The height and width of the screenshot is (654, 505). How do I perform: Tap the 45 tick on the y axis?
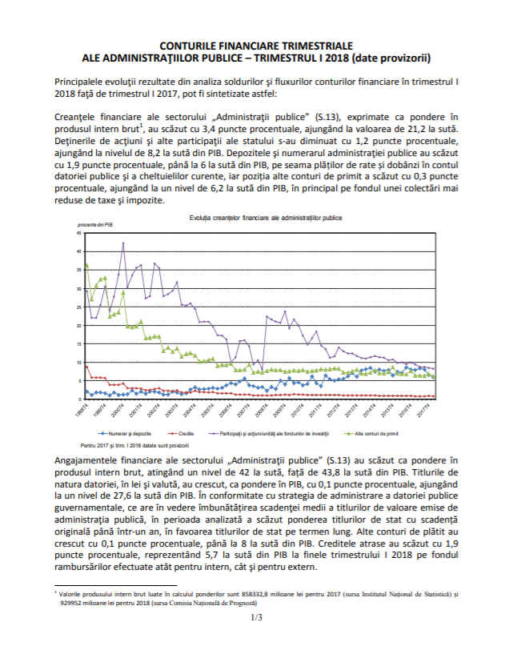coord(79,233)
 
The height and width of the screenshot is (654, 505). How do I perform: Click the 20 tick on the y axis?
coord(79,325)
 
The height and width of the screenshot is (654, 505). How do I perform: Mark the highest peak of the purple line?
coord(123,243)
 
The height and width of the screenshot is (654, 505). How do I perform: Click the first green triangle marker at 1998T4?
coord(86,266)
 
